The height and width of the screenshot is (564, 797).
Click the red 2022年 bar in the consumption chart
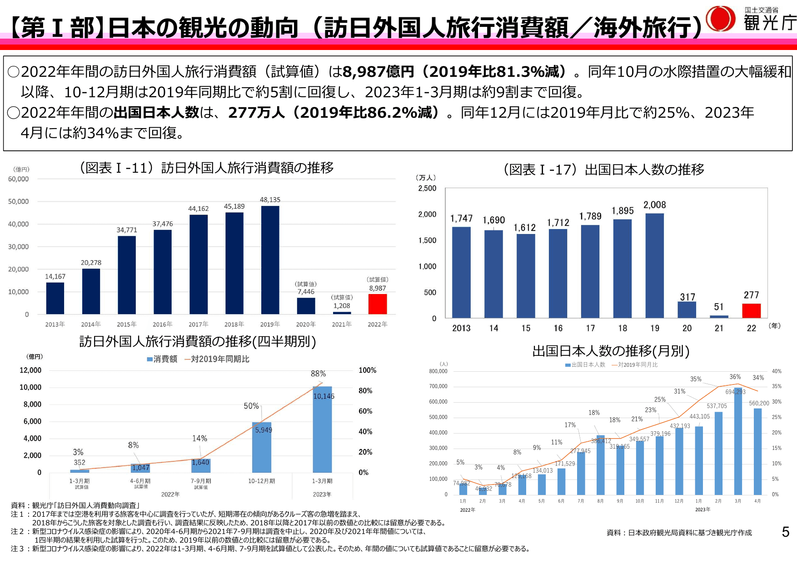click(377, 304)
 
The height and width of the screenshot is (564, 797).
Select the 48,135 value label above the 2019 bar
click(270, 200)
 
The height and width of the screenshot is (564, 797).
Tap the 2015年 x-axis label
click(126, 324)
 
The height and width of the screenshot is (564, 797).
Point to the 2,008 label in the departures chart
click(654, 205)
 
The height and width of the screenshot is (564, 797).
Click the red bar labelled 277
click(751, 311)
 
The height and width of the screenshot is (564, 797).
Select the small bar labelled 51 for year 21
click(719, 316)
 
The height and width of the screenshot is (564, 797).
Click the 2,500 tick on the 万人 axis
click(427, 188)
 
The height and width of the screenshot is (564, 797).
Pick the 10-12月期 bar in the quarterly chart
click(262, 447)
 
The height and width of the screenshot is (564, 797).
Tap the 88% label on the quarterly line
click(318, 374)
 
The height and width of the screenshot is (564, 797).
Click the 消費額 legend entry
click(162, 359)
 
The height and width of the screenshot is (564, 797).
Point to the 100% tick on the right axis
click(367, 370)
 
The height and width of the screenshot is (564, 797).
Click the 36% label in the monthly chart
click(735, 377)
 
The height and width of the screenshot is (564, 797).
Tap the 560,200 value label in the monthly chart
click(758, 403)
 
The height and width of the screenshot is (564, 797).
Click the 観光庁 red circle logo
click(720, 19)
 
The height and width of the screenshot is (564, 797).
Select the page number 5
click(785, 532)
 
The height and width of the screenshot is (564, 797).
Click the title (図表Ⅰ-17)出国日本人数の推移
click(604, 170)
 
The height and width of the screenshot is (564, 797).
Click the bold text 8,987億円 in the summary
click(378, 71)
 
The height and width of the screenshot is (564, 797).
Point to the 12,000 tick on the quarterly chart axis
click(30, 370)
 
